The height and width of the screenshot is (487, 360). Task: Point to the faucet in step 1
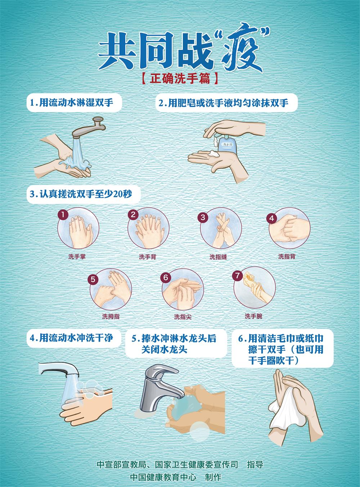(88, 127)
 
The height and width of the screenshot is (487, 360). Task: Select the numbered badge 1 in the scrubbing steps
(63, 215)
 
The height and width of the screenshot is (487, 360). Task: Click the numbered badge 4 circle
(272, 218)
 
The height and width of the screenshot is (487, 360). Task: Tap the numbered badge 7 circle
(237, 276)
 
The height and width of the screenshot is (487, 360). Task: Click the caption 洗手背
(148, 257)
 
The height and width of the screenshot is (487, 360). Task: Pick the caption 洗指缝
(218, 257)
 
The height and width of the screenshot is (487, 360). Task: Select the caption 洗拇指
(111, 317)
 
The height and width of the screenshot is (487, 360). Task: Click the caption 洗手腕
(253, 316)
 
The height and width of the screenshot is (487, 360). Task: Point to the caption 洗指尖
(183, 317)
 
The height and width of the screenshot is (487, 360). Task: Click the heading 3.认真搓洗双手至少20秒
(81, 194)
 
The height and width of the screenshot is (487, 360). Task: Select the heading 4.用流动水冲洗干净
(71, 338)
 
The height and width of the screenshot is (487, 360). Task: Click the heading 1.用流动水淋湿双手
(72, 103)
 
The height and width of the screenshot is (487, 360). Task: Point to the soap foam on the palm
(213, 154)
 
